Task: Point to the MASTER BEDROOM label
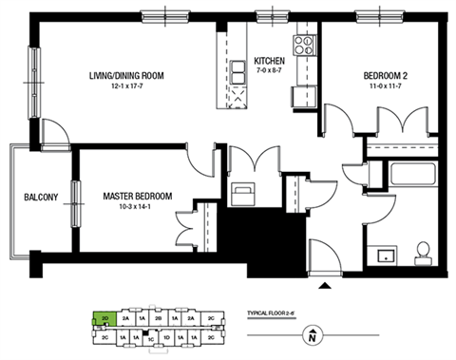pos(138,197)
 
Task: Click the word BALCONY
pos(42,198)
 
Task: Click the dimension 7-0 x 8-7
pos(270,69)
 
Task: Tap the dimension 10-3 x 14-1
pos(138,208)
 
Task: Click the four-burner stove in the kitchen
pos(304,44)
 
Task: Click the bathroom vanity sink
pos(385,255)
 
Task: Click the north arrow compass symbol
pos(313,334)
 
